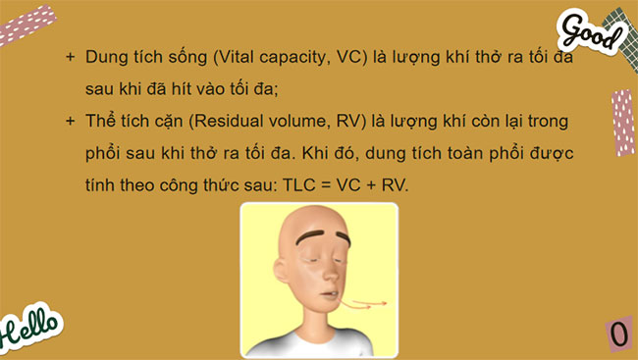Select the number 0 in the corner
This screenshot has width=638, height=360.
(x=618, y=334)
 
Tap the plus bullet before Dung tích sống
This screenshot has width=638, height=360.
(x=70, y=58)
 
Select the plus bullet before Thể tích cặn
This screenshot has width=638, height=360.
(x=70, y=121)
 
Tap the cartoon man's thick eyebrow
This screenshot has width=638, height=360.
(x=315, y=238)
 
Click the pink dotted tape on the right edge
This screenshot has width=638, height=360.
(x=622, y=122)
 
